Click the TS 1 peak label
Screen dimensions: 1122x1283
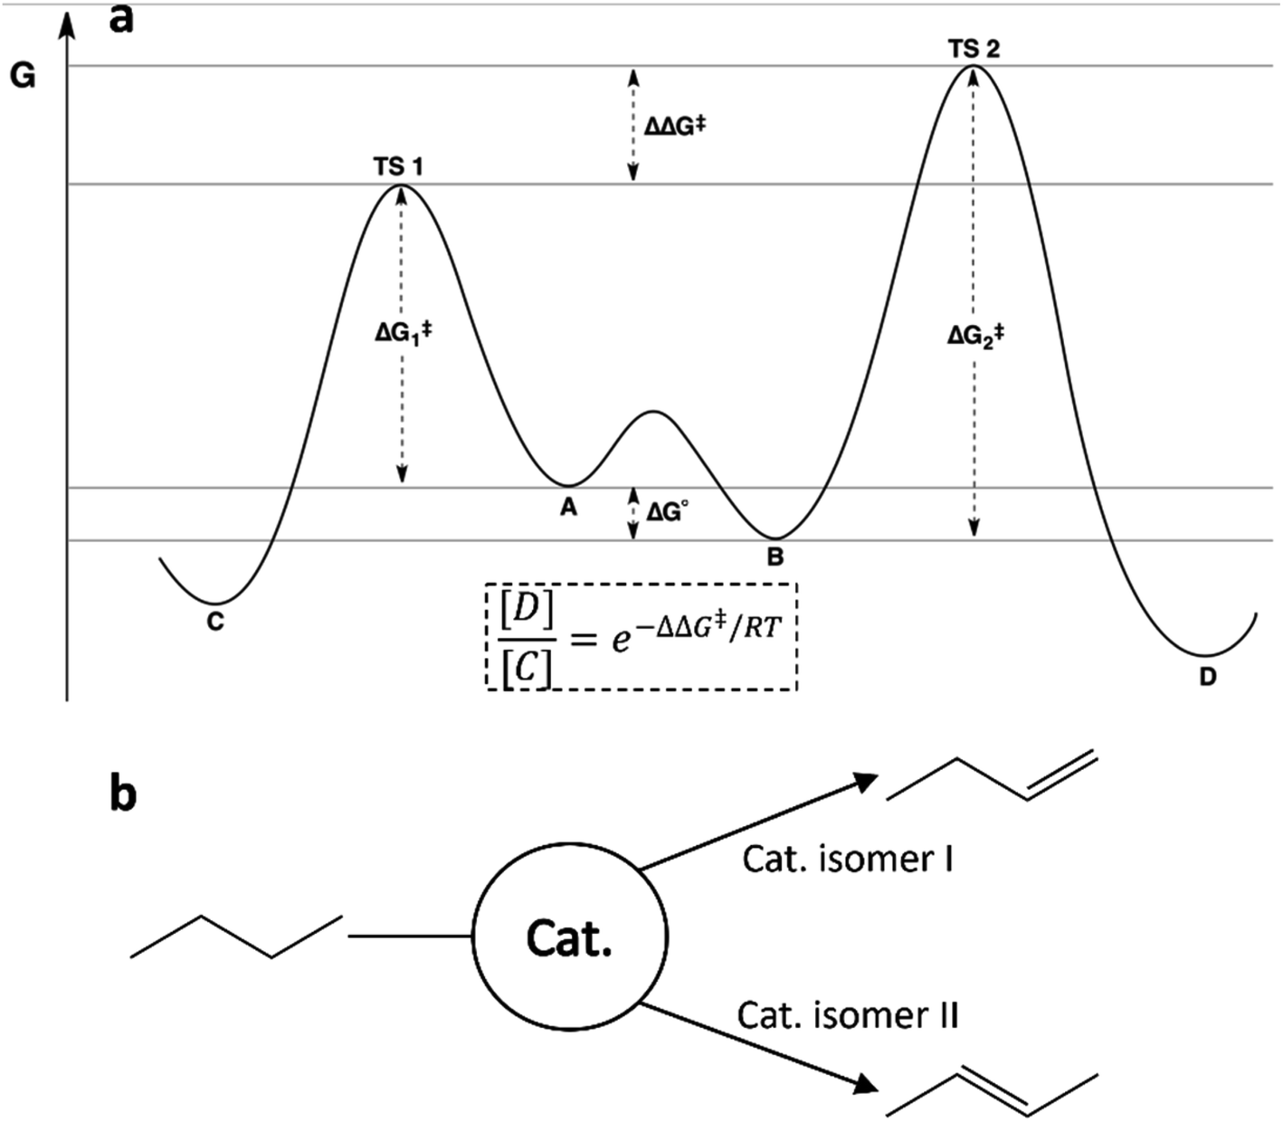click(399, 167)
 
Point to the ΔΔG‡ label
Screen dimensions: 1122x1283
click(675, 127)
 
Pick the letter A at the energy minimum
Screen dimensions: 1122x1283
click(568, 508)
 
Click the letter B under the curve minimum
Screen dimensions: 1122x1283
click(775, 557)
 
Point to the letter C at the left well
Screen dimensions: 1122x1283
click(215, 623)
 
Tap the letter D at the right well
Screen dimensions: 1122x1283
click(1208, 677)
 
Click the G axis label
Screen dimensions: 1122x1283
click(23, 77)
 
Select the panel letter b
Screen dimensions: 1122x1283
click(123, 794)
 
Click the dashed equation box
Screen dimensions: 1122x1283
click(641, 635)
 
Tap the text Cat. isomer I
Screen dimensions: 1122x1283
click(848, 859)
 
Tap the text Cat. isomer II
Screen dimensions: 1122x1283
click(848, 1015)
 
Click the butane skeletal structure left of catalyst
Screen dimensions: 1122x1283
click(236, 936)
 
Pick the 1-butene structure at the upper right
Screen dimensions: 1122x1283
click(993, 775)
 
